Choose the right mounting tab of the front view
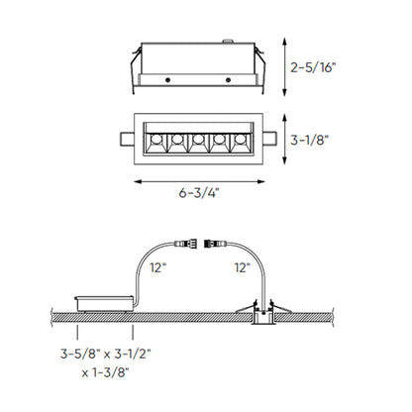[271, 137]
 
